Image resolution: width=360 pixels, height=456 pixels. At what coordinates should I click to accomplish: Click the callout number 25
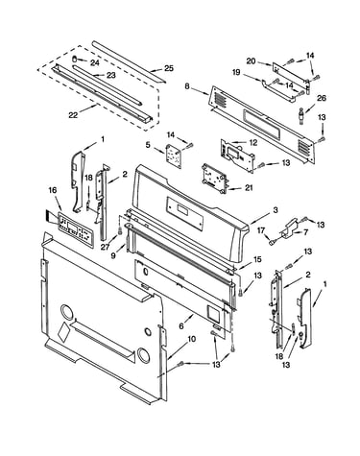tap(169, 68)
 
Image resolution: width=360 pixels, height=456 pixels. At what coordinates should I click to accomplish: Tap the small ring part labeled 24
tap(75, 59)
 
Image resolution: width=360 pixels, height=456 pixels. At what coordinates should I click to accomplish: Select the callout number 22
tap(73, 114)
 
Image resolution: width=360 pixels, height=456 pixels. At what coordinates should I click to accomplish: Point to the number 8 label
tap(187, 85)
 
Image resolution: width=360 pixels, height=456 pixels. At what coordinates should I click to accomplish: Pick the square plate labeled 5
tap(174, 156)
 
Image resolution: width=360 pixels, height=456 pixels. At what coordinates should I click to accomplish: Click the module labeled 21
tap(214, 179)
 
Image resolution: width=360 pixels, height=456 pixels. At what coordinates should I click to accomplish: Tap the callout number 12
tap(253, 143)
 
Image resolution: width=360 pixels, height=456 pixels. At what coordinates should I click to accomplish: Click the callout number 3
tap(276, 210)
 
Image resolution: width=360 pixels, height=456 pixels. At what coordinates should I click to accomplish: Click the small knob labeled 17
tap(273, 243)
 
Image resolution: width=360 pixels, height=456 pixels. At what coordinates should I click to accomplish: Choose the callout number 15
tap(257, 259)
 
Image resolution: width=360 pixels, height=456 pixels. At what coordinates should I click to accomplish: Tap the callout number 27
tap(106, 247)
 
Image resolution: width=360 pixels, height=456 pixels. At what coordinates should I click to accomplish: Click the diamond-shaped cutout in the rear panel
tap(63, 331)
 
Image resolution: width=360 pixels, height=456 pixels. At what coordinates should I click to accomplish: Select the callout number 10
tap(191, 340)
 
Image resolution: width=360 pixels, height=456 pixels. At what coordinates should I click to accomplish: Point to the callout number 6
tap(181, 326)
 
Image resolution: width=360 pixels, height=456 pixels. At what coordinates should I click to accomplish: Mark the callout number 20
tap(251, 60)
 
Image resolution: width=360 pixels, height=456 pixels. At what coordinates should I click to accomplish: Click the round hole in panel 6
tap(146, 272)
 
